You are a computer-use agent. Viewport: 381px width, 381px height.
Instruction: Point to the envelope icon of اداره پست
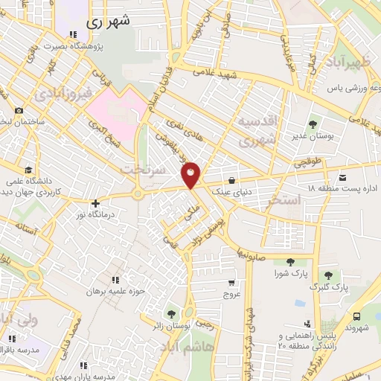click(342, 177)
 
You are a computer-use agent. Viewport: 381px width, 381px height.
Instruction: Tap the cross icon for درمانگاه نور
click(95, 202)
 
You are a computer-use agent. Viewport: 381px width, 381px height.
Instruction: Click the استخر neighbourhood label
click(303, 201)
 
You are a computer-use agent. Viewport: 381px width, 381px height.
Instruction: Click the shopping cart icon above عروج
click(232, 283)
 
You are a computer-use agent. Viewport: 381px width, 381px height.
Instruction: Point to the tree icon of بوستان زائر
click(173, 314)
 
